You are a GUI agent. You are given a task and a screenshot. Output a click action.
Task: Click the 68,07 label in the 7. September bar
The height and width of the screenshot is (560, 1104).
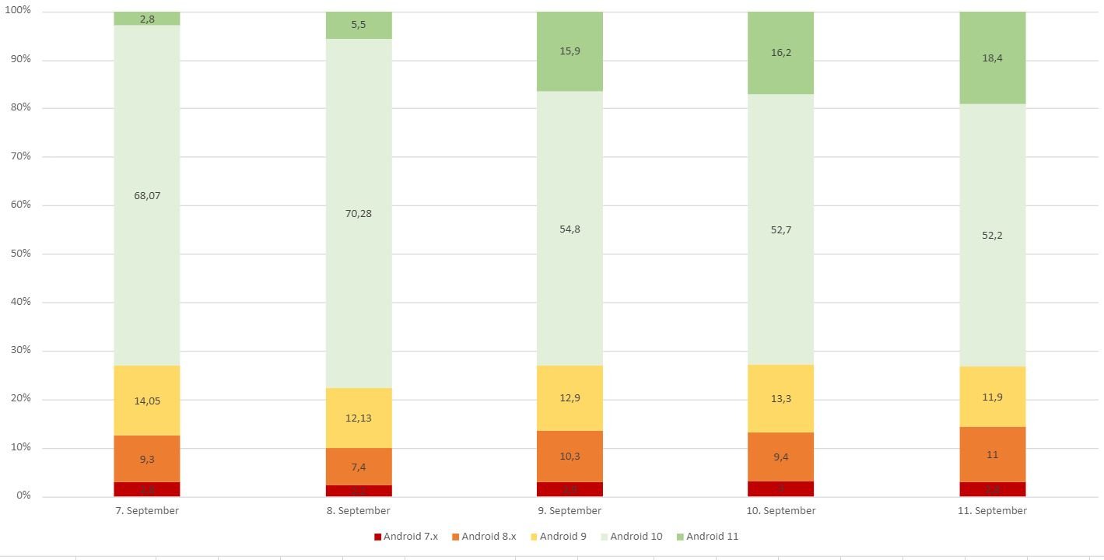click(x=146, y=196)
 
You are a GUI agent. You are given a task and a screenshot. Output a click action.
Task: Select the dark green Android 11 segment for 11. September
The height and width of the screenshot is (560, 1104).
click(x=992, y=58)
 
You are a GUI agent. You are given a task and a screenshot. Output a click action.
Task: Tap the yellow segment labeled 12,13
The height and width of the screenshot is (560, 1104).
click(x=359, y=418)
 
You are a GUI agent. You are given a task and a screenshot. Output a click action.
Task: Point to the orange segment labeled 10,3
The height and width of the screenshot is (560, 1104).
click(x=570, y=456)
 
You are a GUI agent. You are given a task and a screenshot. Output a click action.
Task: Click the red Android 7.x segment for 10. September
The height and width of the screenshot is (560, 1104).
click(x=780, y=488)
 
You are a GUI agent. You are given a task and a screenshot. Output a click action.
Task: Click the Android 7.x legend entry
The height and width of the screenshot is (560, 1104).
click(x=405, y=536)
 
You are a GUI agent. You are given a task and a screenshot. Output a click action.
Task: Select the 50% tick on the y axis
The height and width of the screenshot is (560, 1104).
click(x=21, y=254)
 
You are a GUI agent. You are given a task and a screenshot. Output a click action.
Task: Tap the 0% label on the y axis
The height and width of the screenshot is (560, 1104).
click(x=23, y=495)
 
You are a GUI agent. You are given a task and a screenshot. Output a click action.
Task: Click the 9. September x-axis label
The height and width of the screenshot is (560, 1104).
click(x=570, y=511)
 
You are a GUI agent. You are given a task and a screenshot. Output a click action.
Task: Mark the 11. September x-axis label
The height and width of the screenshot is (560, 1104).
click(x=992, y=511)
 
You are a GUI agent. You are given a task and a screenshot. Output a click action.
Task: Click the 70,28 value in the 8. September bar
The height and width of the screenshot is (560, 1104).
click(x=359, y=213)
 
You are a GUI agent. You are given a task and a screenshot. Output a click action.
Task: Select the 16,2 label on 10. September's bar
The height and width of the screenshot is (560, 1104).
click(x=780, y=53)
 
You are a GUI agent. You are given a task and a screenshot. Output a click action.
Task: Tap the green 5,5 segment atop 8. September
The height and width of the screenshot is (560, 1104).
click(x=359, y=25)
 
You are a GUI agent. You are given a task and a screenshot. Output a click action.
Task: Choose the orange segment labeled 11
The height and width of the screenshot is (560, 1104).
click(x=992, y=455)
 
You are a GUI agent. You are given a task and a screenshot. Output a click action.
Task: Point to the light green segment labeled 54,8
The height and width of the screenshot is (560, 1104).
click(x=570, y=229)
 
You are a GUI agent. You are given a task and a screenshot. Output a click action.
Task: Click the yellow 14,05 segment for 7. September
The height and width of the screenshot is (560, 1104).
click(x=146, y=401)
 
